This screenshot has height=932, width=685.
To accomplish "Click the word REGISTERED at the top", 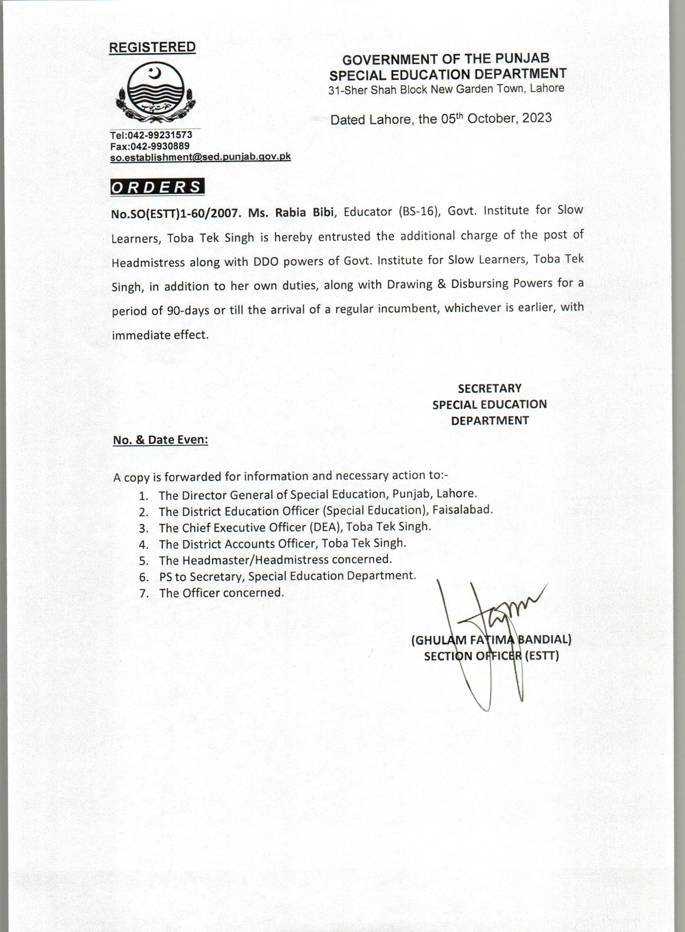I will (152, 47).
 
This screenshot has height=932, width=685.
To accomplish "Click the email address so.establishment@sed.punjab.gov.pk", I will (200, 157).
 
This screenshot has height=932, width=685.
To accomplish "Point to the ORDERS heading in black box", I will (157, 187).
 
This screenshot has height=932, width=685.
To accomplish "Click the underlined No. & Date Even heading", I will (160, 440).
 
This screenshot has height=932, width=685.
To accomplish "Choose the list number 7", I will (144, 594).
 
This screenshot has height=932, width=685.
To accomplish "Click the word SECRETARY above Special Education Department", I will (490, 388).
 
